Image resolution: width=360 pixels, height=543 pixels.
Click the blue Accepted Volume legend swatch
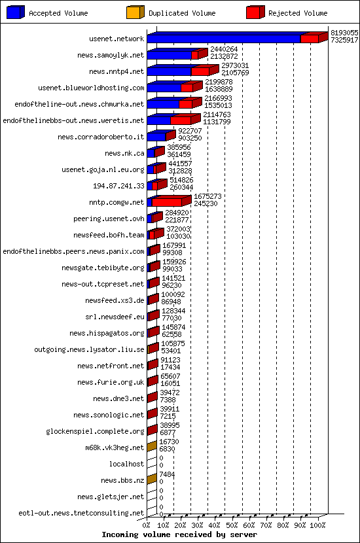pos(16,12)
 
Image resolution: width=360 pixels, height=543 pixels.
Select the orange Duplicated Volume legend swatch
pos(135,12)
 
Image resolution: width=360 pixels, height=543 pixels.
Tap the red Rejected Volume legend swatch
pos(255,12)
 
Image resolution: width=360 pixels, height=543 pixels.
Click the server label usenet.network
pos(117,39)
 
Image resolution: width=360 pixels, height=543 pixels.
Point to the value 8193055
pos(344,33)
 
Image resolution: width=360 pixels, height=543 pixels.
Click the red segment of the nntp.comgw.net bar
pos(167,202)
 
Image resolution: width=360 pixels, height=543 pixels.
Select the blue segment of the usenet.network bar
pos(224,39)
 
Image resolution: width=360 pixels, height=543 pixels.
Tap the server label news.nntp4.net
pos(117,72)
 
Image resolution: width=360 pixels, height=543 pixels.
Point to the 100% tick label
pos(317,525)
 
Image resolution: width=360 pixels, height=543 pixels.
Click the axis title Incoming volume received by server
pos(179,534)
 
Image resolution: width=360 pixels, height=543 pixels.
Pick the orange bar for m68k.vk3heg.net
pos(152,447)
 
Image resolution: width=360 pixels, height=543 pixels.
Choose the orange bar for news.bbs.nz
pos(152,480)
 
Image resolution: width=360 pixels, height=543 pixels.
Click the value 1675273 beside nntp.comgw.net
pos(207,196)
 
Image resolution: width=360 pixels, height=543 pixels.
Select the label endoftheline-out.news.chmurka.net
pos(79,104)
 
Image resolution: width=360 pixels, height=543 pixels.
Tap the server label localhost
pos(126,464)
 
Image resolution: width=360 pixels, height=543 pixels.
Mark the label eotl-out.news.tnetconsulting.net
pos(81,513)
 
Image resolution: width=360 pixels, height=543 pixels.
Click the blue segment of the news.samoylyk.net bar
pos(170,56)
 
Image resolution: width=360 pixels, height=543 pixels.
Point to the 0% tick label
pos(147,525)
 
